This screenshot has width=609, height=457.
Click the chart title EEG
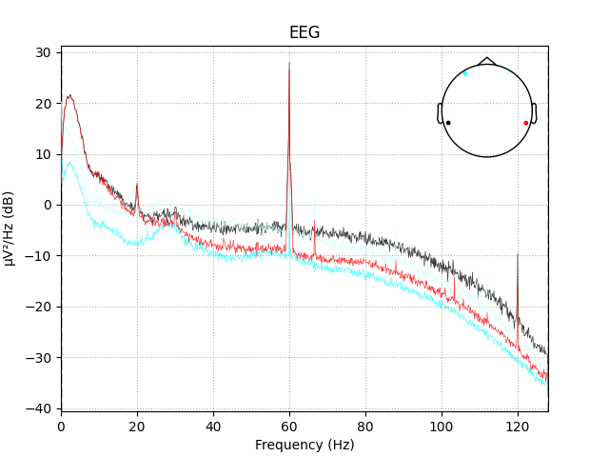pyautogui.click(x=304, y=32)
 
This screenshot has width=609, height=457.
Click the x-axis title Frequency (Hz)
pyautogui.click(x=304, y=445)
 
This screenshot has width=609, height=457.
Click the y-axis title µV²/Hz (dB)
pyautogui.click(x=10, y=228)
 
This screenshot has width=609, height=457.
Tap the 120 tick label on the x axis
pyautogui.click(x=518, y=426)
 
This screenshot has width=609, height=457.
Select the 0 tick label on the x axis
pyautogui.click(x=61, y=426)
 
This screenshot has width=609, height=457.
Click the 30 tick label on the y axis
pyautogui.click(x=45, y=52)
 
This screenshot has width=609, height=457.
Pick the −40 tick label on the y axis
pyautogui.click(x=41, y=408)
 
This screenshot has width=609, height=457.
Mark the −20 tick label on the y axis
pyautogui.click(x=41, y=307)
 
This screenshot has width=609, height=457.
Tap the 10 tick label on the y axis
pyautogui.click(x=45, y=154)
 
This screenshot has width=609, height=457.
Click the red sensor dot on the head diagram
pyautogui.click(x=525, y=123)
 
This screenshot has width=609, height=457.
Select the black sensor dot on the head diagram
pyautogui.click(x=448, y=123)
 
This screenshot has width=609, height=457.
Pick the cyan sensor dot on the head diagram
pyautogui.click(x=465, y=73)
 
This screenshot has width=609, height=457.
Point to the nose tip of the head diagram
pyautogui.click(x=487, y=58)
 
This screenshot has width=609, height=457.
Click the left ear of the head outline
pyautogui.click(x=440, y=113)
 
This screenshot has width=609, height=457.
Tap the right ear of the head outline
pyautogui.click(x=535, y=113)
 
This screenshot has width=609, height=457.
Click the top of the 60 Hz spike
pyautogui.click(x=289, y=62)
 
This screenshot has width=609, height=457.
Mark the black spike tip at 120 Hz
pyautogui.click(x=518, y=254)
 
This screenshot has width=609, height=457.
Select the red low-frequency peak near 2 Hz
pyautogui.click(x=69, y=95)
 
